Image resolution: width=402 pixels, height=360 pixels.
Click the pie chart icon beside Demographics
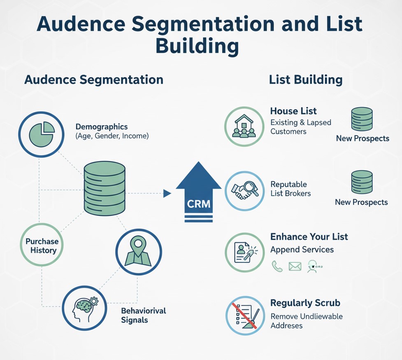41,134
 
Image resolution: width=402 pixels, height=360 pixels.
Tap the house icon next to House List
244,126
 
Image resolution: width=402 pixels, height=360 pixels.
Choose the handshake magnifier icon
244,191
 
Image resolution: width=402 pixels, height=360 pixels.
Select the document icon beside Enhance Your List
244,252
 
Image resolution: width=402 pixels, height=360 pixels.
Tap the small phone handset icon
277,266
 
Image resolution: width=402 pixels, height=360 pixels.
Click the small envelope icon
295,266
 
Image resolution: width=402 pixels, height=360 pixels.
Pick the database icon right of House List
362,119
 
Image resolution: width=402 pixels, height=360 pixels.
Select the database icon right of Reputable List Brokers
362,183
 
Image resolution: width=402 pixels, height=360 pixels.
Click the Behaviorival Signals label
143,315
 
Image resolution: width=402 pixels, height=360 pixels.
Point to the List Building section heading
305,79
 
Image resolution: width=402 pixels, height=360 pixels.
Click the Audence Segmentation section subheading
94,79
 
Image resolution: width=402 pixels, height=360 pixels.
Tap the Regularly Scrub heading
305,303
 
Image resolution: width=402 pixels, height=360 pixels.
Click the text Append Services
302,250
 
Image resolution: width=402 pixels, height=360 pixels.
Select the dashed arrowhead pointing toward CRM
167,193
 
